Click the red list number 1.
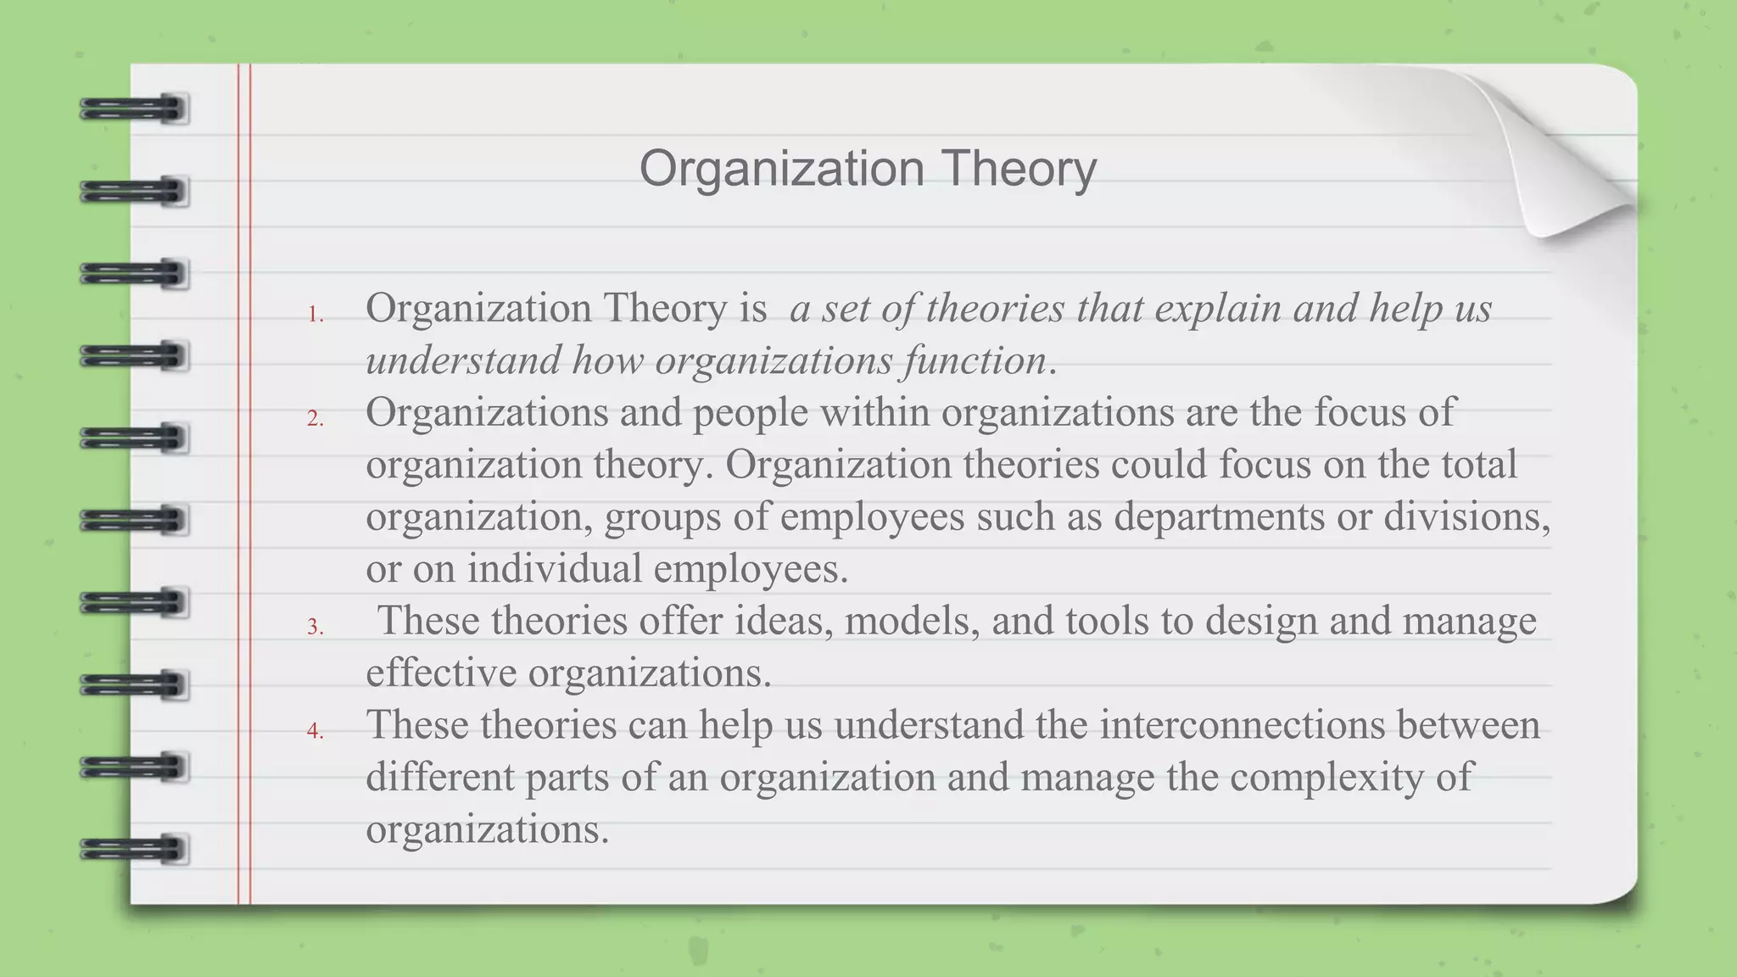tap(315, 315)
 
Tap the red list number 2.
tap(315, 418)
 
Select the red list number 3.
tap(315, 627)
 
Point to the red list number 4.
tap(315, 730)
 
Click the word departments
tap(1219, 517)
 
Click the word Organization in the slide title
tap(781, 169)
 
